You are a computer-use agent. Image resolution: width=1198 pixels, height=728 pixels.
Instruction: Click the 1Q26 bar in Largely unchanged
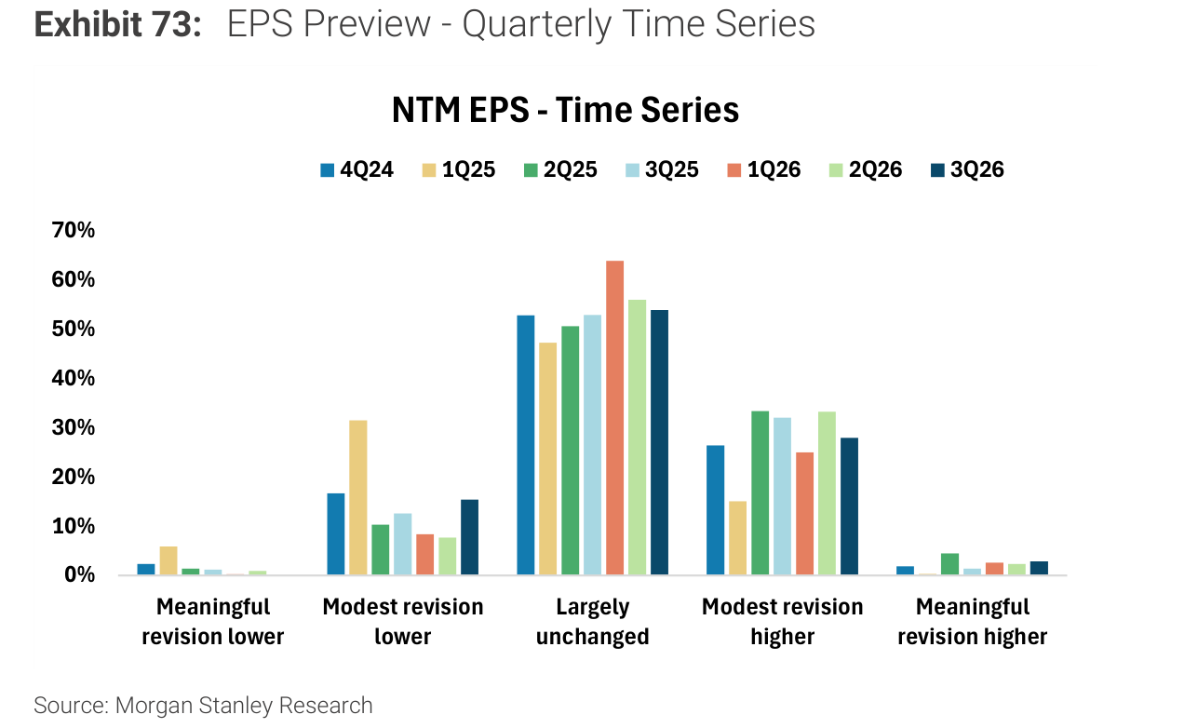tap(614, 418)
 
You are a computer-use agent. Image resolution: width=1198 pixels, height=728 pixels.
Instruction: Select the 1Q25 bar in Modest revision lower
tap(358, 497)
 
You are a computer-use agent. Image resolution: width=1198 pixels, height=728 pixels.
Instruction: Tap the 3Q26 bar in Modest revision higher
tap(849, 506)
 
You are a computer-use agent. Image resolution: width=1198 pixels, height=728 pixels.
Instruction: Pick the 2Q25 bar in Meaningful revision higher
tap(949, 564)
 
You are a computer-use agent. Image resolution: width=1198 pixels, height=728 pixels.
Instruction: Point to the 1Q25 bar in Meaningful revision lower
tap(168, 560)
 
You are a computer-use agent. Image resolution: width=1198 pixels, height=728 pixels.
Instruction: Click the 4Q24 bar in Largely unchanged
tap(525, 445)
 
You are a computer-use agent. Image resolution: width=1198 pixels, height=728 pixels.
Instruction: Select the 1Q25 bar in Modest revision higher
tap(737, 538)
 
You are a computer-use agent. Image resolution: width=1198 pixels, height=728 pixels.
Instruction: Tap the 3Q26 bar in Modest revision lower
tap(469, 537)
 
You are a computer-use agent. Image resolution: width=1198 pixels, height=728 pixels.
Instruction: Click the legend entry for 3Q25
tap(662, 169)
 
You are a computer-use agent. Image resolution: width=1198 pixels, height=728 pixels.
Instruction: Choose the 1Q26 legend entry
tap(764, 169)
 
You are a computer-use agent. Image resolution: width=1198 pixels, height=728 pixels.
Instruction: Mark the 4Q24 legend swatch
tap(327, 170)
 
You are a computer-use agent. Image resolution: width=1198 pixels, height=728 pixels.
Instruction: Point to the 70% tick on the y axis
tap(74, 230)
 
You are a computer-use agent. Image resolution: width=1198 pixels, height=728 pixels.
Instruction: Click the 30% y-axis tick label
tap(74, 427)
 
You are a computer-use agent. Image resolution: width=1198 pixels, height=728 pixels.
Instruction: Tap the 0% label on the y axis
tap(79, 575)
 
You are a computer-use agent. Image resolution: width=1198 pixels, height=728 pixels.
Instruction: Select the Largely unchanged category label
tap(593, 622)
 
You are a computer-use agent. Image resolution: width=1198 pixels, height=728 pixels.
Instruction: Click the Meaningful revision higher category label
tap(973, 622)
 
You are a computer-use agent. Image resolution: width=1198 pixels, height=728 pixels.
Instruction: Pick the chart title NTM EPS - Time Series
tap(565, 110)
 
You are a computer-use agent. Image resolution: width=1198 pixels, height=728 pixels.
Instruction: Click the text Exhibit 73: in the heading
tap(117, 24)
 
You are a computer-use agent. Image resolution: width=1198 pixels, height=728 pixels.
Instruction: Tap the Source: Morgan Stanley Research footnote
tap(203, 706)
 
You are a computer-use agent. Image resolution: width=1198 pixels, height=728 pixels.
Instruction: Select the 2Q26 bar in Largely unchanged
tap(637, 437)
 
